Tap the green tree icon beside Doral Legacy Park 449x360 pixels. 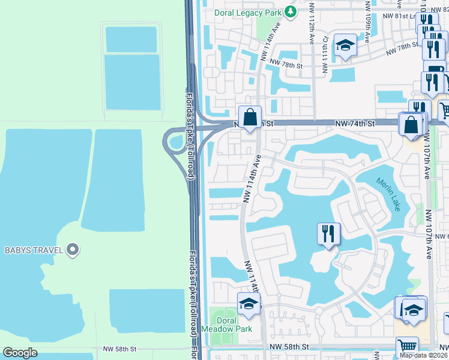[291, 11]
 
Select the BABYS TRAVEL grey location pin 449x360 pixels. [73, 249]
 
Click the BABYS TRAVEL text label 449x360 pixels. [34, 250]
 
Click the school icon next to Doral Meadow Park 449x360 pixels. [249, 305]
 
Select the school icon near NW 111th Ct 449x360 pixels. [345, 46]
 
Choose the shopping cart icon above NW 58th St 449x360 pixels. [407, 346]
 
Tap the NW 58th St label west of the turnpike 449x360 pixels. [120, 349]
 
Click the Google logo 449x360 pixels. [20, 353]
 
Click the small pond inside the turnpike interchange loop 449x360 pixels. [175, 142]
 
